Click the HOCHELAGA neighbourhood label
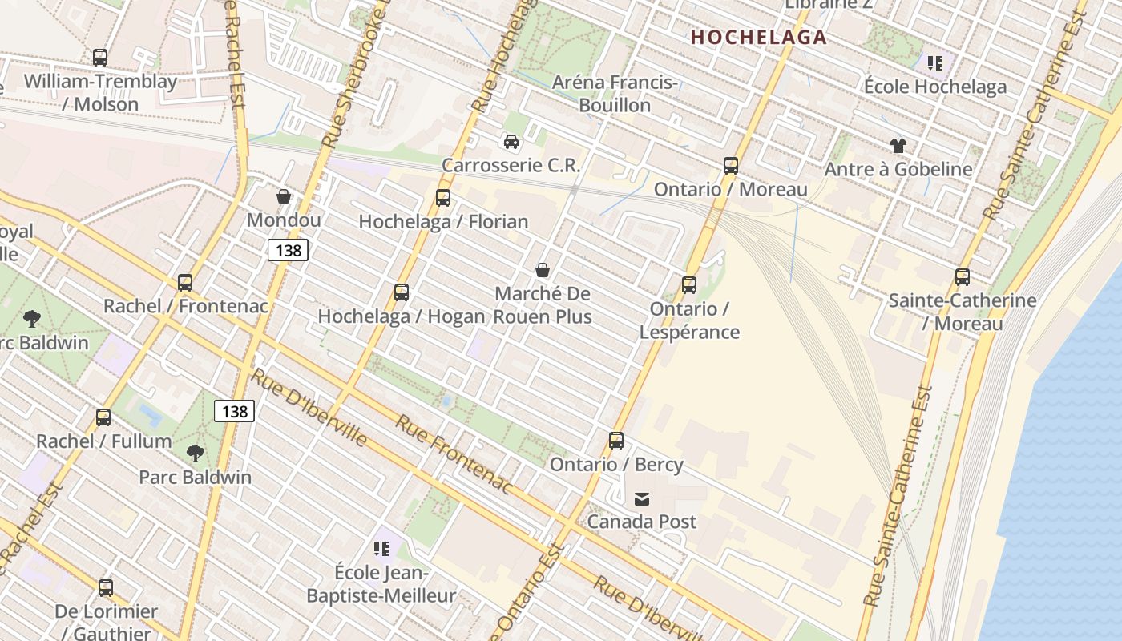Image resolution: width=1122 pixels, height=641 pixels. pyautogui.click(x=758, y=37)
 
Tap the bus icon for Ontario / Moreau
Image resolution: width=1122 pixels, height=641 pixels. pyautogui.click(x=731, y=166)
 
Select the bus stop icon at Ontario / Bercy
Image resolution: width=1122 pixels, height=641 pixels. pyautogui.click(x=615, y=440)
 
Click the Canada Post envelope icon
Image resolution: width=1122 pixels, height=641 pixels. pyautogui.click(x=642, y=499)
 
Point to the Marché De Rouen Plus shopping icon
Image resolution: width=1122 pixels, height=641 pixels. pyautogui.click(x=543, y=270)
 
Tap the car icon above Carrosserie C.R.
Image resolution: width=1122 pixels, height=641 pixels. pyautogui.click(x=511, y=142)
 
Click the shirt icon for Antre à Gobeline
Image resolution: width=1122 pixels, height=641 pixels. pyautogui.click(x=898, y=145)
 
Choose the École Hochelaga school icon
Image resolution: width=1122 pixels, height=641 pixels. pyautogui.click(x=934, y=62)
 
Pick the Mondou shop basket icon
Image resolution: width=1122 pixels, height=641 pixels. pyautogui.click(x=284, y=196)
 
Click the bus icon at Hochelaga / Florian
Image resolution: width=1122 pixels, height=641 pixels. pyautogui.click(x=443, y=198)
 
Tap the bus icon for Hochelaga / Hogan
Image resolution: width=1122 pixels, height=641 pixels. pyautogui.click(x=402, y=292)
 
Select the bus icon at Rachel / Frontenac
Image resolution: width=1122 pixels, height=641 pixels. pyautogui.click(x=185, y=282)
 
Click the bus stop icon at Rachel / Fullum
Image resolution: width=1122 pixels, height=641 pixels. pyautogui.click(x=103, y=417)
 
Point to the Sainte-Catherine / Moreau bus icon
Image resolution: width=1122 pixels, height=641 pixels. pyautogui.click(x=963, y=277)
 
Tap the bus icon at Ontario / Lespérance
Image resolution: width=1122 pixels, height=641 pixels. pyautogui.click(x=689, y=285)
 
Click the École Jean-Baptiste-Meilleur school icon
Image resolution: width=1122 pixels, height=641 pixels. pyautogui.click(x=381, y=549)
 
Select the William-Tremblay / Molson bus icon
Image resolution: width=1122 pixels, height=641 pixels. pyautogui.click(x=100, y=58)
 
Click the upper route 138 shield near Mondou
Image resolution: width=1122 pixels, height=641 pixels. pyautogui.click(x=288, y=251)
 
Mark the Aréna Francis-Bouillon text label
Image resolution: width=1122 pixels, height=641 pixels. pyautogui.click(x=615, y=93)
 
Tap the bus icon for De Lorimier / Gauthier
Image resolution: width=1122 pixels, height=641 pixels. pyautogui.click(x=106, y=588)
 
